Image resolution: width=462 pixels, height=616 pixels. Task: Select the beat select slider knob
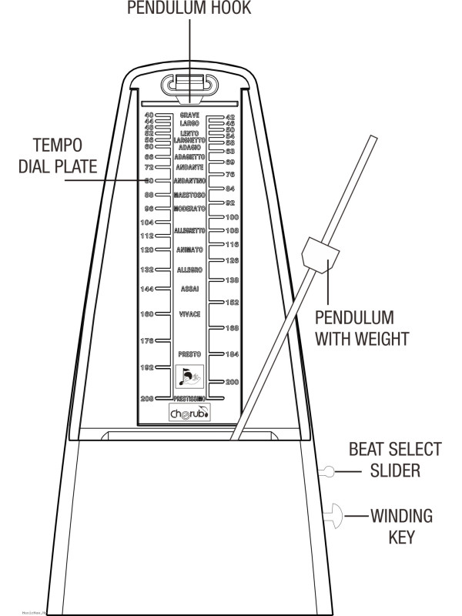click(x=329, y=471)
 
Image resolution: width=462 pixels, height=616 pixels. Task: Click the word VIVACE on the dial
click(x=189, y=314)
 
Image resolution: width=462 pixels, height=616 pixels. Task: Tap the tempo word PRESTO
click(x=189, y=353)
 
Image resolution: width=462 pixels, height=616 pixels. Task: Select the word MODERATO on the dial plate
click(x=189, y=209)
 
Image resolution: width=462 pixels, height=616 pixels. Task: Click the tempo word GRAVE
click(x=189, y=115)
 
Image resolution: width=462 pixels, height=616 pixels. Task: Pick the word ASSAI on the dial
click(x=189, y=289)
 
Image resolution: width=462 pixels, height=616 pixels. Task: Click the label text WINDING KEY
click(x=401, y=525)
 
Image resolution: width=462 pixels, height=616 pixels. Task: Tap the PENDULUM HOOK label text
click(x=189, y=8)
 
